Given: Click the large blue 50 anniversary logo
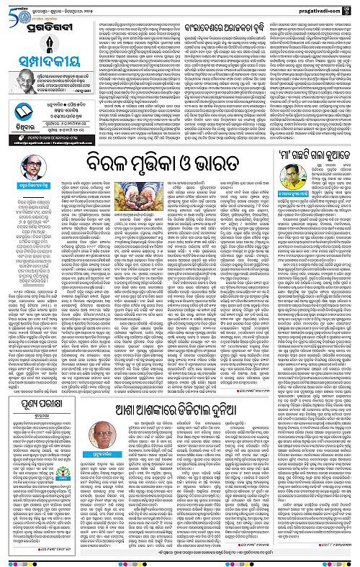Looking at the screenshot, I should coord(14,11).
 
